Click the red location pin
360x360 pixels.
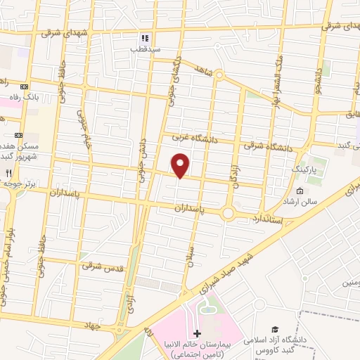(181, 165)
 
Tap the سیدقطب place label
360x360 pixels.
(148, 50)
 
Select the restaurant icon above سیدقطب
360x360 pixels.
(145, 38)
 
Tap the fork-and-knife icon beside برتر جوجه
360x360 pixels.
(8, 172)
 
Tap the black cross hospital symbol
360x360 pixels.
(197, 333)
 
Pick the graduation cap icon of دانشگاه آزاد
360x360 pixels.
(276, 329)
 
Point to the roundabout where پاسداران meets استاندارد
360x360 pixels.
(229, 212)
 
